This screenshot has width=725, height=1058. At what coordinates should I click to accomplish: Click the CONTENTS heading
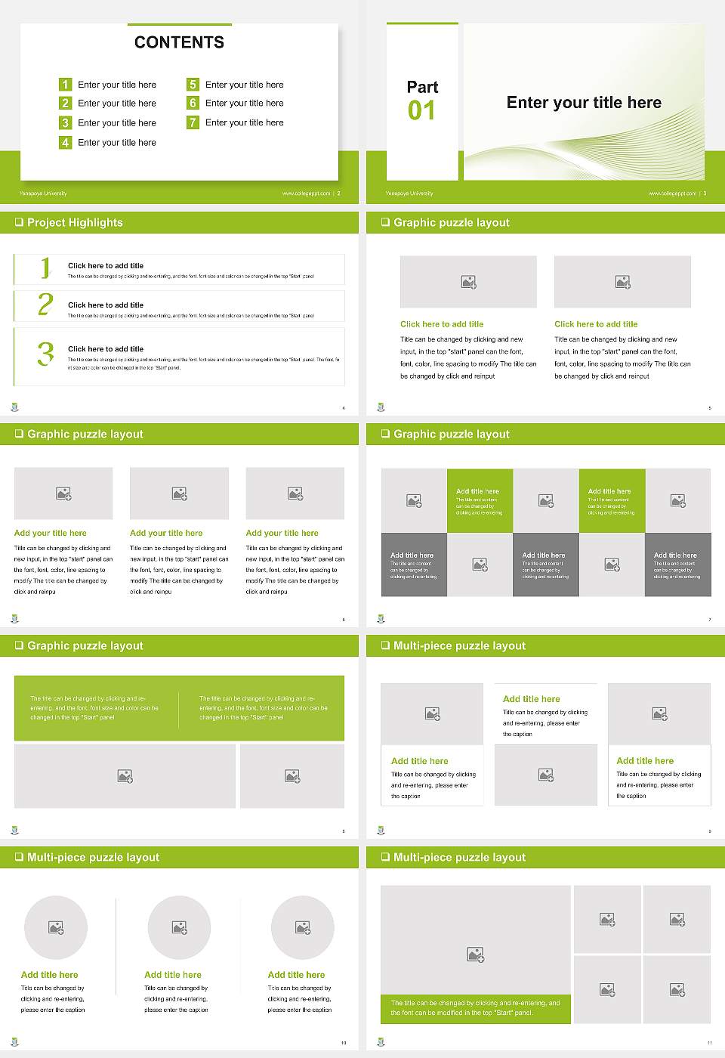tap(179, 42)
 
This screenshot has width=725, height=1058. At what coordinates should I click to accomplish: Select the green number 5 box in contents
tap(193, 85)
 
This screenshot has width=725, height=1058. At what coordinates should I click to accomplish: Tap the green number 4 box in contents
tap(65, 142)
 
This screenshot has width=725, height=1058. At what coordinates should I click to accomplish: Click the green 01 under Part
tap(421, 111)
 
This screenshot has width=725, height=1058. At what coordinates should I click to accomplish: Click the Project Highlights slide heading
tap(75, 222)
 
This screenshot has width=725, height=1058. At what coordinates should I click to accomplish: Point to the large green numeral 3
tap(45, 354)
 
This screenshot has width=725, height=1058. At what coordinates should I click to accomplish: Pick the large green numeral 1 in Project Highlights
tap(45, 268)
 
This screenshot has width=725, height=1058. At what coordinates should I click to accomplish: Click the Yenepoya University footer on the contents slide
tap(43, 193)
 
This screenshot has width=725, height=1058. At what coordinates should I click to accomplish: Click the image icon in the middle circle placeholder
tap(179, 927)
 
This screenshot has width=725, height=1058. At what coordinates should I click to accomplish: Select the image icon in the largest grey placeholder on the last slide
tap(475, 955)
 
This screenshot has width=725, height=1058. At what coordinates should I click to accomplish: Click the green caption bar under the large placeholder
tap(475, 1008)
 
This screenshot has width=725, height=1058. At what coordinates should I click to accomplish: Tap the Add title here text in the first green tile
tap(477, 491)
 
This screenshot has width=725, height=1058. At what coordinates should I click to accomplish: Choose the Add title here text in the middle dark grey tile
tap(544, 555)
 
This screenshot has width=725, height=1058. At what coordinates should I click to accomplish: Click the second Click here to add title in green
tap(596, 324)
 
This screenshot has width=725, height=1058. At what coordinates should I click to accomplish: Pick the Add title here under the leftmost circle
tap(49, 975)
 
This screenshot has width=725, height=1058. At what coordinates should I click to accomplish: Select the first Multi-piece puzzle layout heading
tap(459, 645)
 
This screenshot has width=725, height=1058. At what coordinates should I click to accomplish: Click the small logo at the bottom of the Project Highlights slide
tap(14, 407)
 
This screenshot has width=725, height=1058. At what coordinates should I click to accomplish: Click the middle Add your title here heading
tap(166, 533)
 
